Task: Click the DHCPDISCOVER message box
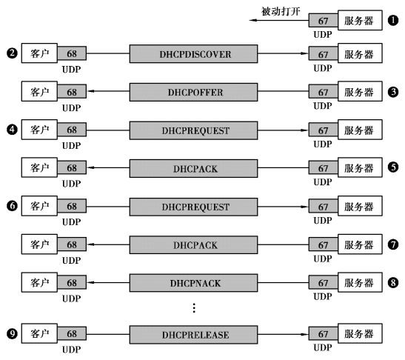pos(193,54)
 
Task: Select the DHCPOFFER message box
pos(193,92)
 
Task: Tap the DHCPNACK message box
pos(193,283)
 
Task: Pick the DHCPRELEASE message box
pos(193,334)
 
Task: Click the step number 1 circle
pos(393,20)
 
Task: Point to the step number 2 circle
pos(12,53)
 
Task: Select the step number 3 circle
pos(393,92)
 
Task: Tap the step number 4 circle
pos(12,130)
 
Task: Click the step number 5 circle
pos(393,167)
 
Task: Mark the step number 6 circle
pos(12,206)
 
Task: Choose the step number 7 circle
pos(393,244)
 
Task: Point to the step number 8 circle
pos(393,282)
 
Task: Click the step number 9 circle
pos(12,333)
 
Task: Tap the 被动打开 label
pos(281,11)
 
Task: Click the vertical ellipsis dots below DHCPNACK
pos(194,308)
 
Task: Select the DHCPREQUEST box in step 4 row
pos(193,130)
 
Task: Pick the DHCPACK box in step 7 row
pos(193,244)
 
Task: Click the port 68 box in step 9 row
pos(72,334)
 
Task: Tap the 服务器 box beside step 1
pos(360,20)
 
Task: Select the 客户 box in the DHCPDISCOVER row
pos(39,53)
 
